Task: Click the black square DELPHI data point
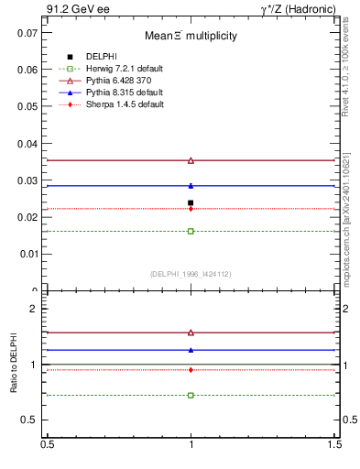coord(191,202)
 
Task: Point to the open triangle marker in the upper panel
coord(191,160)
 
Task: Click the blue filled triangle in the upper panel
coord(191,186)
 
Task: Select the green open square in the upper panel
coord(191,231)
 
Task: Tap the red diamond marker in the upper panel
coord(191,209)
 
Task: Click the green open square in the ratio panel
coord(191,395)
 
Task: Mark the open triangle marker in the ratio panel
coord(191,333)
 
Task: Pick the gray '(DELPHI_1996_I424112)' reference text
coord(191,273)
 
